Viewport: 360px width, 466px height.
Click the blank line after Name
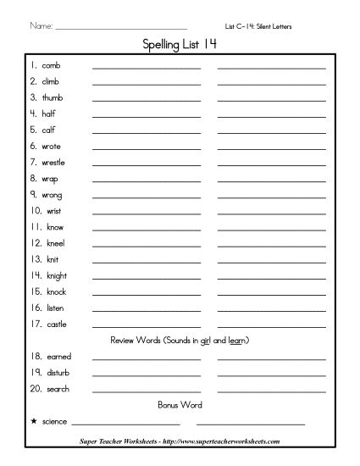click(120, 28)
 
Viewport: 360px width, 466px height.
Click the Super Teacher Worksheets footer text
click(180, 441)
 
